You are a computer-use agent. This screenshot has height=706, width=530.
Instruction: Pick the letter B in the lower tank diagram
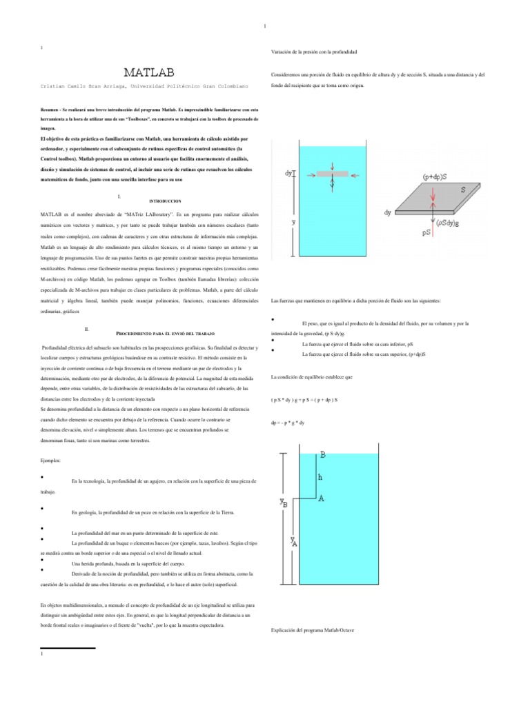click(324, 454)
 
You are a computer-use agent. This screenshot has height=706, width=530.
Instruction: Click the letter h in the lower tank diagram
click(319, 476)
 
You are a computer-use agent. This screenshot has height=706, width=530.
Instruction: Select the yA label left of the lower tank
click(294, 542)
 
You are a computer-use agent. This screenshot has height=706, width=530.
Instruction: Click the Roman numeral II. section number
click(86, 329)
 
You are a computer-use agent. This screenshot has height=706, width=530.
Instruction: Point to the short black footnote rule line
click(68, 648)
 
